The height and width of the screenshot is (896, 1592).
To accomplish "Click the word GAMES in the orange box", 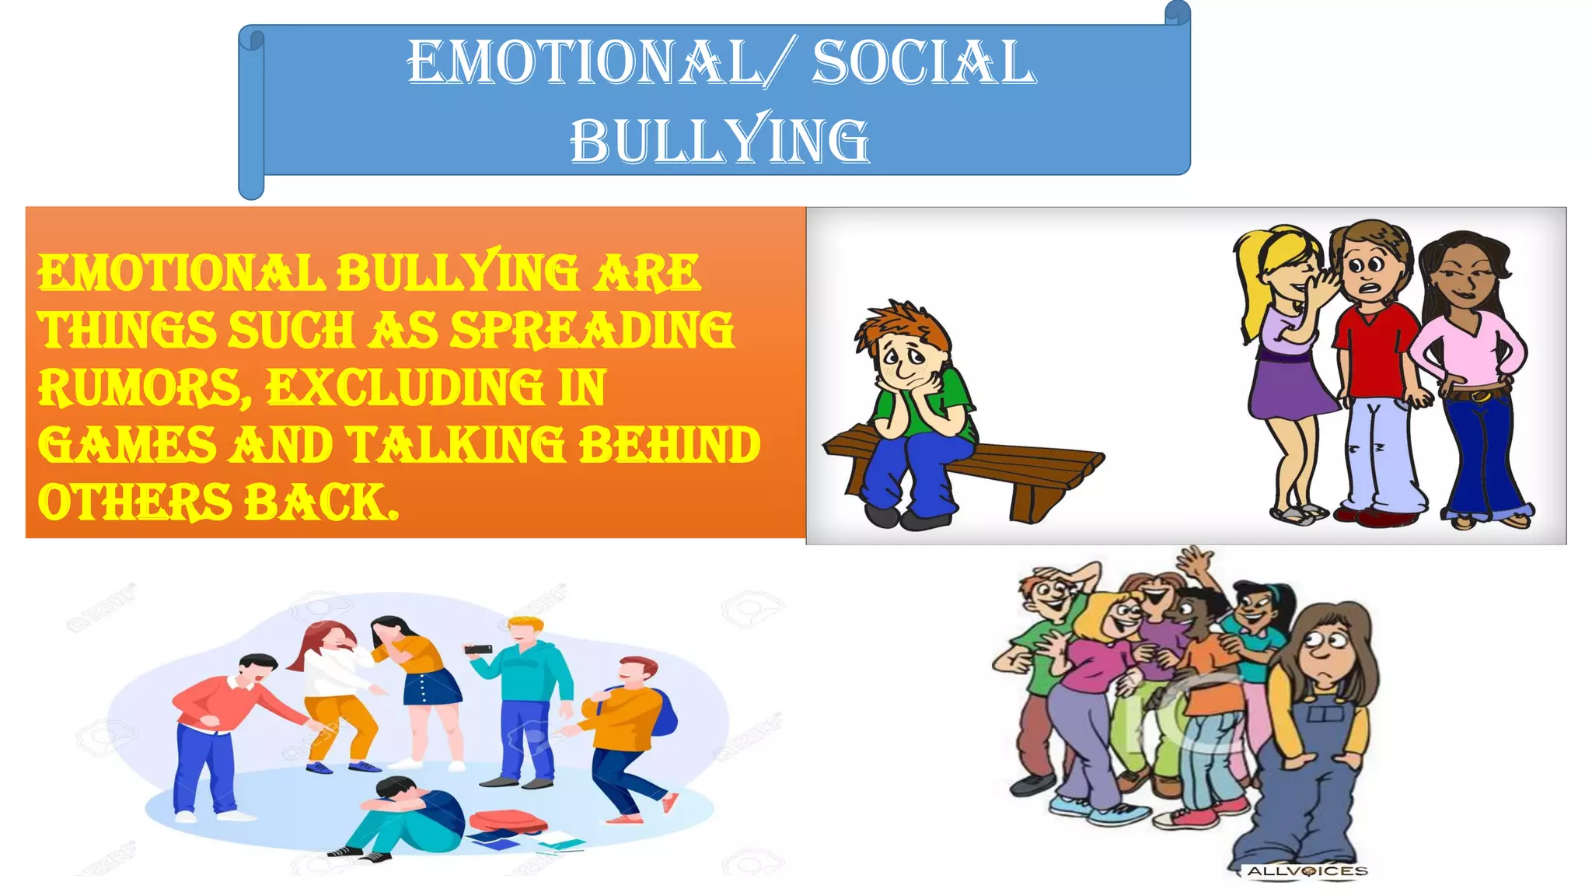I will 127,445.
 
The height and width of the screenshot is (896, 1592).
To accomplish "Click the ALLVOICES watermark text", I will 1307,871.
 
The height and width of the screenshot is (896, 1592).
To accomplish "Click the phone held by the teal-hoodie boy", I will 479,649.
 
